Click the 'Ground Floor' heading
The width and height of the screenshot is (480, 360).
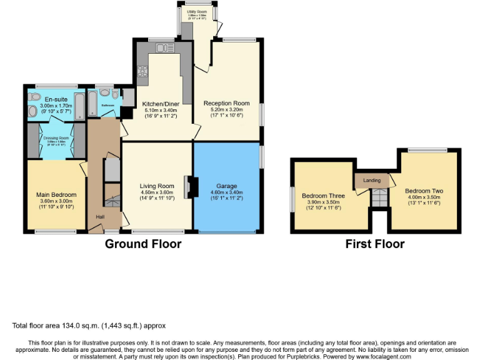[143, 244]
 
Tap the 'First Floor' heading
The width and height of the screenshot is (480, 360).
[375, 244]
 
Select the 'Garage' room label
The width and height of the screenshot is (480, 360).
[226, 186]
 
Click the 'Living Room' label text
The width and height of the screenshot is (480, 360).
[157, 186]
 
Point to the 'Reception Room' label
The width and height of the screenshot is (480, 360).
[226, 103]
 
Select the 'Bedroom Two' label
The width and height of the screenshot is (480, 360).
[424, 191]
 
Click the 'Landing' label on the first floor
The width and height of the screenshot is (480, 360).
[372, 181]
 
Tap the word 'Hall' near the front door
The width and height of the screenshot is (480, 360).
[100, 217]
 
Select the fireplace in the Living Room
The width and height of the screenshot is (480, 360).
[190, 187]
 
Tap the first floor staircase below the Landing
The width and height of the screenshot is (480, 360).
[379, 199]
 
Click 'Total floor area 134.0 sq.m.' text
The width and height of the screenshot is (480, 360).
[89, 326]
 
